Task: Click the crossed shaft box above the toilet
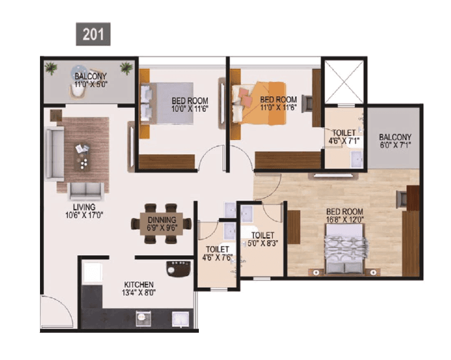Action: click(x=344, y=80)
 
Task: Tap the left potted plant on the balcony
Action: click(x=51, y=68)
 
